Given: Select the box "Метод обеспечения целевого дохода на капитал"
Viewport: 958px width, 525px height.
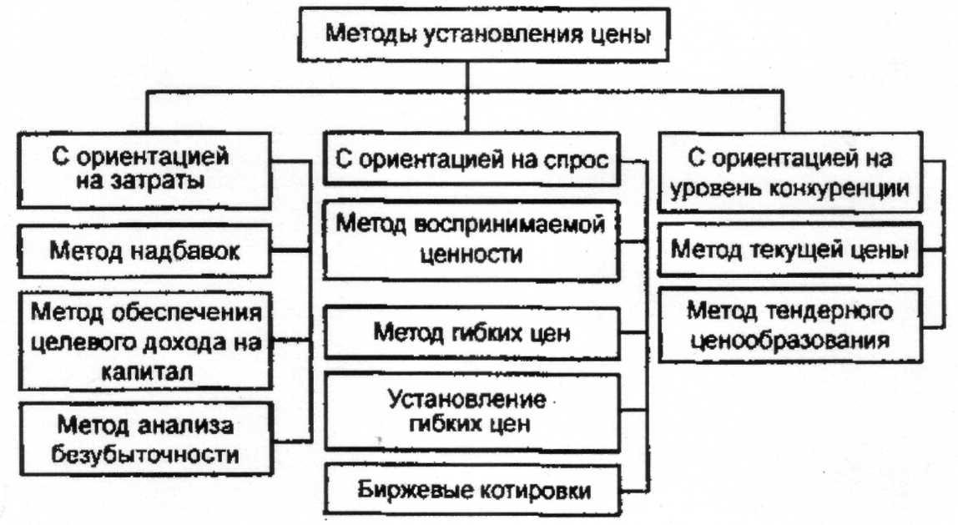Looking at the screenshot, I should (147, 341).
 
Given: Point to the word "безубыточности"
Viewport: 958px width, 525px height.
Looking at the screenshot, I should (146, 456).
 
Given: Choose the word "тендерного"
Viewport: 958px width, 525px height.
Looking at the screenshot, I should (835, 310).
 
